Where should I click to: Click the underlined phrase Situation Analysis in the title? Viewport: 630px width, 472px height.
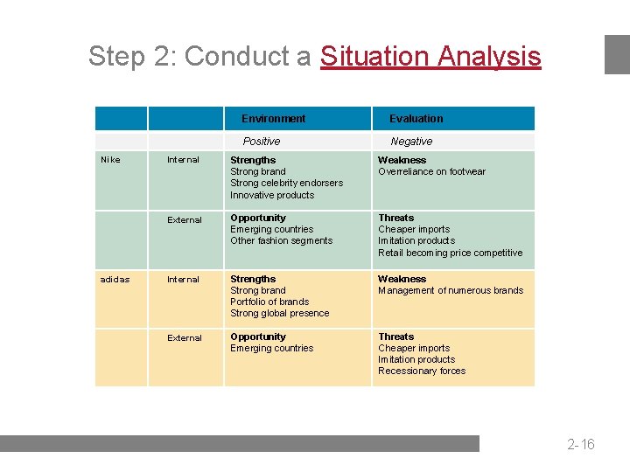point(430,57)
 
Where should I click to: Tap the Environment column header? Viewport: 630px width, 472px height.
point(273,119)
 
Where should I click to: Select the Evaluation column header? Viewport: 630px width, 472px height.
point(416,119)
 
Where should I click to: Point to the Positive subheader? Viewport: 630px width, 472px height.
point(262,142)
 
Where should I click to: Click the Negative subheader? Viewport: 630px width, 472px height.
point(411,142)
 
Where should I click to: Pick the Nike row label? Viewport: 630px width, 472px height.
point(110,160)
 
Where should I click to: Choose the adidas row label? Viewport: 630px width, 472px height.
point(115,280)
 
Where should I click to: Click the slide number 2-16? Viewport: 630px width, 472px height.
point(580,444)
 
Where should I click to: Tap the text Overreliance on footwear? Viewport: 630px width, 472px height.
point(431,172)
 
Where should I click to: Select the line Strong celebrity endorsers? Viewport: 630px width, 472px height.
point(286,184)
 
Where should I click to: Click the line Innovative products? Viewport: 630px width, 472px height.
point(272,195)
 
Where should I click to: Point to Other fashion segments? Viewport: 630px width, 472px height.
point(281,241)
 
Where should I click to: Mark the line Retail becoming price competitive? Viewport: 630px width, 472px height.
point(450,253)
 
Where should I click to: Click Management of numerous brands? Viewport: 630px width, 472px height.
point(451,291)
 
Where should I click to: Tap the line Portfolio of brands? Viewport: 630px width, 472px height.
point(269,302)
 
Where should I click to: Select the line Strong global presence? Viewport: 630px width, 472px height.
point(280,314)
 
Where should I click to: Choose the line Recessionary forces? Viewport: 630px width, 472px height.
point(422,371)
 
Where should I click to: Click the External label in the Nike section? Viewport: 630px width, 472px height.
point(185,220)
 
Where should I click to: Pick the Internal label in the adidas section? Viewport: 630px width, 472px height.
point(184,280)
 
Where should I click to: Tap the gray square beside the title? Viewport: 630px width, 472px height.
point(617,54)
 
